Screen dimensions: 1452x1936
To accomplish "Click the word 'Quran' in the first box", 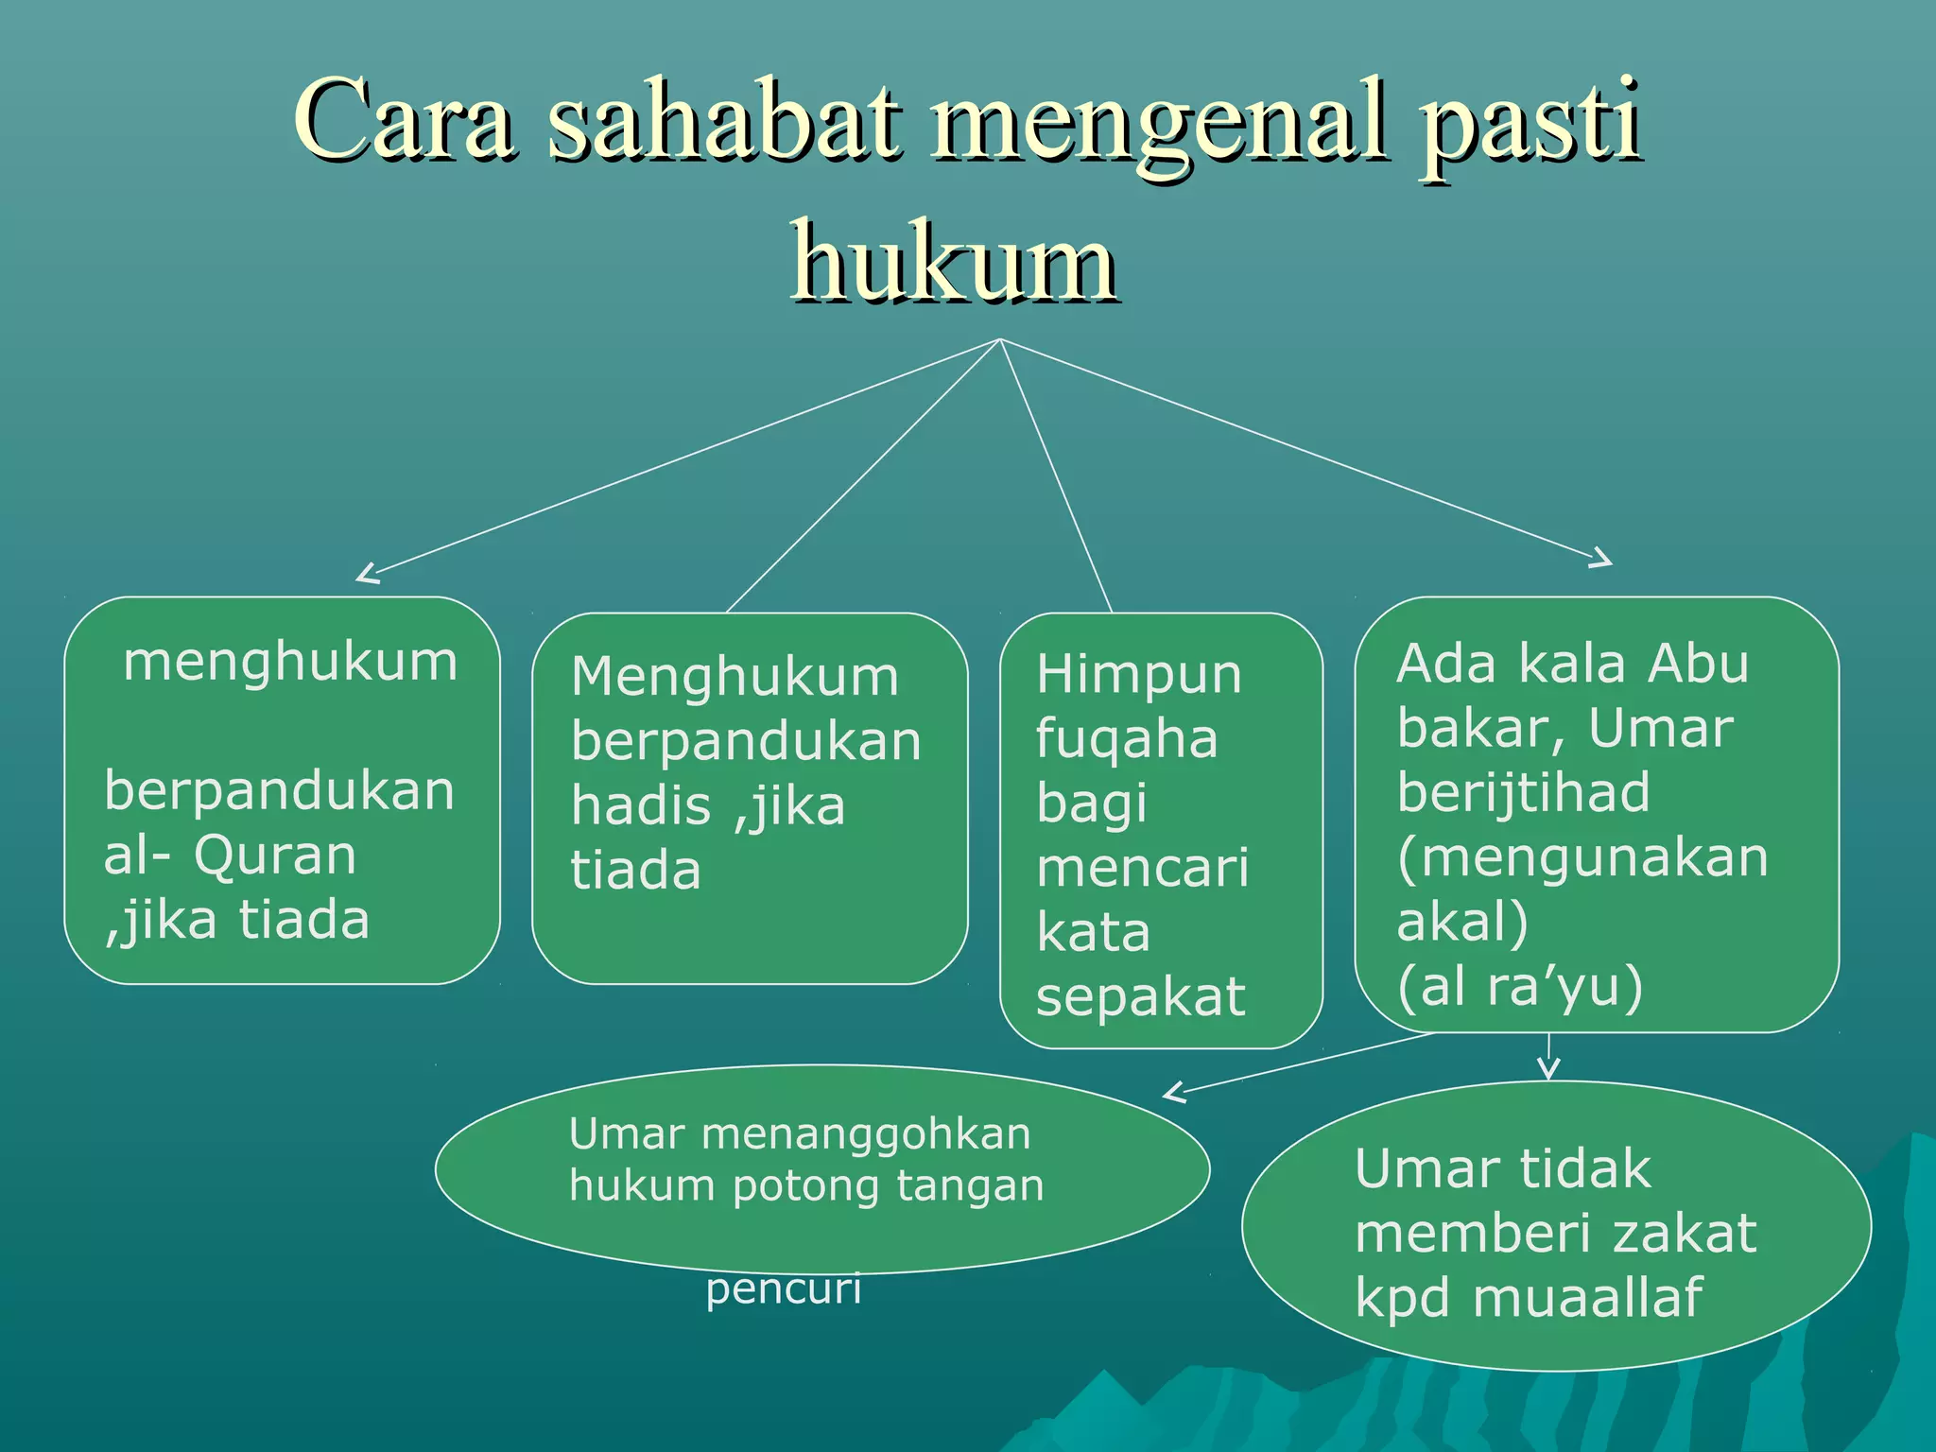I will [x=275, y=856].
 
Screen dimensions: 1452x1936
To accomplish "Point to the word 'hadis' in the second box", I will [x=640, y=806].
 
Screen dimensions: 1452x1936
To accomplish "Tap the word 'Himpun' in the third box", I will [x=1138, y=675].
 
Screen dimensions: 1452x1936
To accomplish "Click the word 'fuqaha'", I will [x=1127, y=739].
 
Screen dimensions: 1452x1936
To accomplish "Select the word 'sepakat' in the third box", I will [x=1140, y=996].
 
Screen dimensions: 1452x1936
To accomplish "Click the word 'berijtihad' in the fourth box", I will [x=1523, y=791].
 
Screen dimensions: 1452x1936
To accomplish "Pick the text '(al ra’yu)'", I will [x=1519, y=986].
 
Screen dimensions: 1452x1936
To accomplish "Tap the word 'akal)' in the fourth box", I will [x=1461, y=922].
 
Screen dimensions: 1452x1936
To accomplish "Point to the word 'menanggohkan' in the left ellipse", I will [x=866, y=1133].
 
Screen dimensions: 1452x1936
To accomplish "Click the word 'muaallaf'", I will [x=1587, y=1297].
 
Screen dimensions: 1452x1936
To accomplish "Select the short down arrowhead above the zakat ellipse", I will [x=1547, y=1069].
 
